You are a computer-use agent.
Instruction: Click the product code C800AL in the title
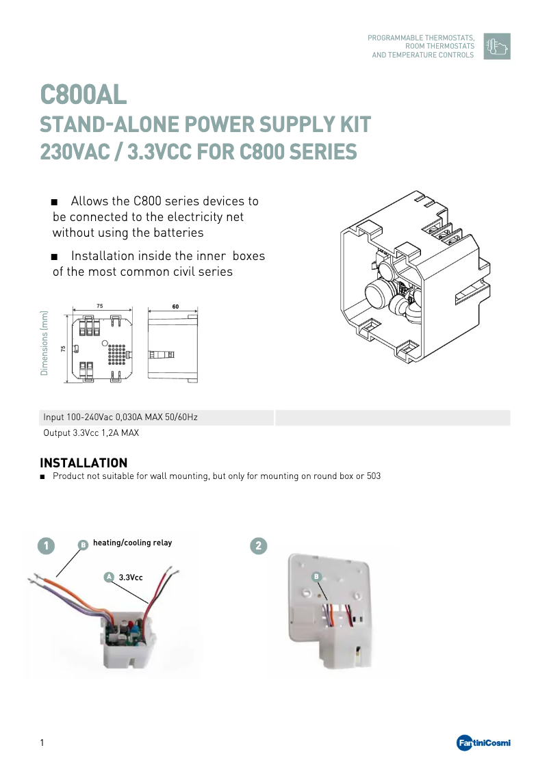(84, 94)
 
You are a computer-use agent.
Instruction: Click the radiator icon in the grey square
(496, 46)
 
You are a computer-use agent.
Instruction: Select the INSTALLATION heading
(84, 463)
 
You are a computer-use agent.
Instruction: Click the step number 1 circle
(46, 545)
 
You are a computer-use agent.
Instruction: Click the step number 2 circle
(258, 545)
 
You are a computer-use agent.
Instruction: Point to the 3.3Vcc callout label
(131, 578)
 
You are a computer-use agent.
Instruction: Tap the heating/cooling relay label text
(132, 543)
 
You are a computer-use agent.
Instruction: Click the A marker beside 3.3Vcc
(108, 578)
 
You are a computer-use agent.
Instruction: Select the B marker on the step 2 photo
(316, 577)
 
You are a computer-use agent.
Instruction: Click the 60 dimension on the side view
(175, 307)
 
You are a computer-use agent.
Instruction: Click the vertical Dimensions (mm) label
(44, 344)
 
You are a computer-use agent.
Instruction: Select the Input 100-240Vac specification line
(120, 417)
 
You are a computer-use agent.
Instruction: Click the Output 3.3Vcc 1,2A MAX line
(91, 433)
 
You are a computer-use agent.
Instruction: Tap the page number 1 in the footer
(42, 743)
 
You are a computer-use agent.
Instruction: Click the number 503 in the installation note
(373, 476)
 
